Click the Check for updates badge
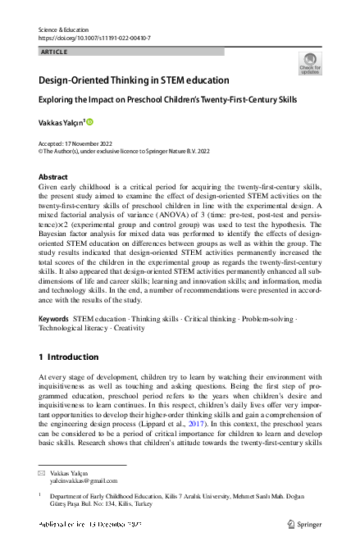[310, 63]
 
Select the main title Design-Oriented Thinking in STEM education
[134, 81]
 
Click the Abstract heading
[53, 177]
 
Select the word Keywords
[53, 317]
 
